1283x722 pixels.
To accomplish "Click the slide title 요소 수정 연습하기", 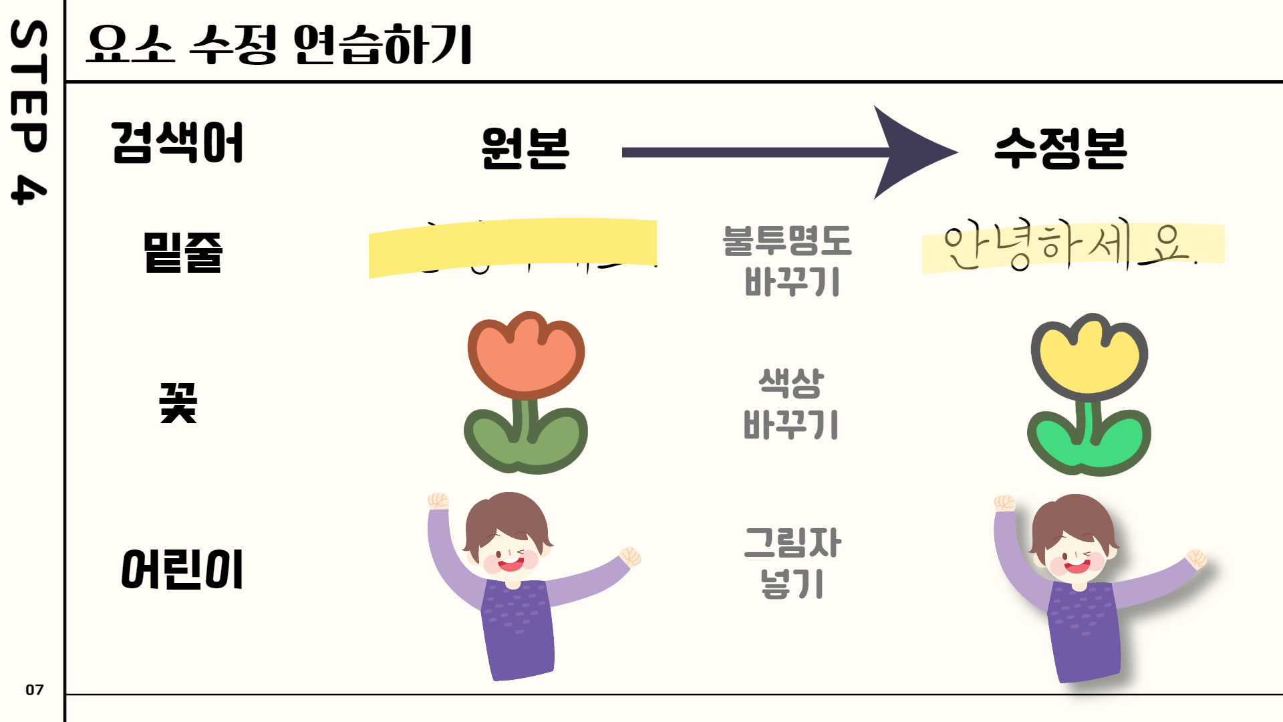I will [279, 44].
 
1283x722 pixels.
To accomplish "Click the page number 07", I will [35, 690].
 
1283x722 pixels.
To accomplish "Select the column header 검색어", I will [177, 143].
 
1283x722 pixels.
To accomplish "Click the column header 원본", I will [525, 148].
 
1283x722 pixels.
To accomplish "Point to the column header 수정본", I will [1060, 148].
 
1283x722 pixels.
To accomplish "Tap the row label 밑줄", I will [182, 252].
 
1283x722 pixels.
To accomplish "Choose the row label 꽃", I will [178, 403].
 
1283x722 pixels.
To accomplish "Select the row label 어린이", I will [182, 570].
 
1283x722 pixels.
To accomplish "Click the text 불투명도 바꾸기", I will [789, 261].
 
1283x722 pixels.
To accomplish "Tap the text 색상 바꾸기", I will [791, 404].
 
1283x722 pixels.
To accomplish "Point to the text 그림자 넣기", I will [793, 562].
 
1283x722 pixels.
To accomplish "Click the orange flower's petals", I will [526, 354].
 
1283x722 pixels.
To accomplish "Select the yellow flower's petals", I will [1089, 358].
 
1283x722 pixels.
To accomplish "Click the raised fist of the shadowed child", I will [1004, 503].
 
